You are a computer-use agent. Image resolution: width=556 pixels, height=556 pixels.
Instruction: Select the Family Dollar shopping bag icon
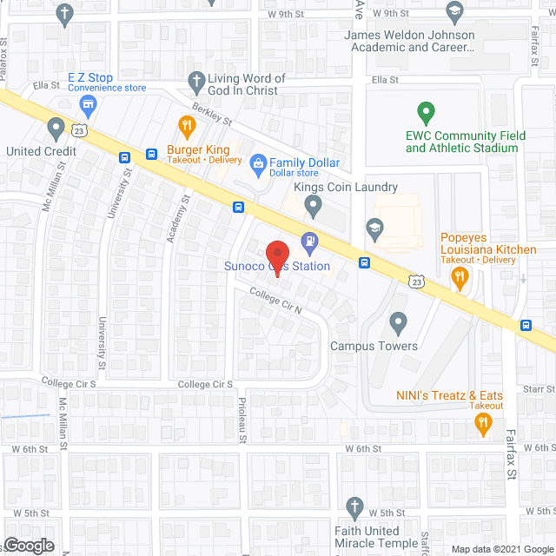click(257, 162)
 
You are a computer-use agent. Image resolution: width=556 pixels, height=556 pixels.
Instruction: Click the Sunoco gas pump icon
click(308, 241)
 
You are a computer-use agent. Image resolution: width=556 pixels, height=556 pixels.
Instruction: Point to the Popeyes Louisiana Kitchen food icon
click(460, 277)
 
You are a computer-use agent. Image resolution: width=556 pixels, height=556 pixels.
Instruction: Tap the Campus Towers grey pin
click(399, 322)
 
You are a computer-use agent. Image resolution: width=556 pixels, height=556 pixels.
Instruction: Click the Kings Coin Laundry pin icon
click(314, 206)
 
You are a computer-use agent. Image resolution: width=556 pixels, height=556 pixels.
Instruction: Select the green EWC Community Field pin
click(426, 113)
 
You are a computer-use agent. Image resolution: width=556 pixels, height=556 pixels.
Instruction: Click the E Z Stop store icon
click(87, 106)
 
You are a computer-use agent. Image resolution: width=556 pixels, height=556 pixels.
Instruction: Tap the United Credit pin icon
click(56, 129)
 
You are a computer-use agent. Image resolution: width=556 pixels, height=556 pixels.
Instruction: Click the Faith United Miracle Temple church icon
click(354, 506)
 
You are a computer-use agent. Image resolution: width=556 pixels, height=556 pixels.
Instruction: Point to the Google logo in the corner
click(28, 545)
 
